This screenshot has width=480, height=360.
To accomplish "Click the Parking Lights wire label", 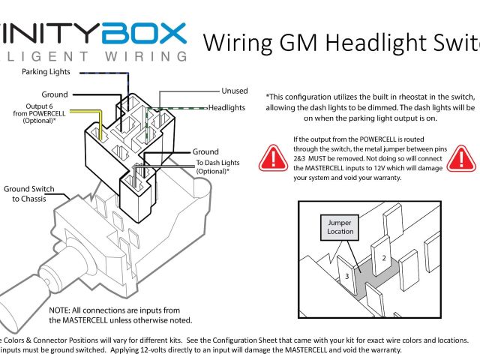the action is click(x=46, y=72).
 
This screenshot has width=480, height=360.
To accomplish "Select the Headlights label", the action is click(x=226, y=108).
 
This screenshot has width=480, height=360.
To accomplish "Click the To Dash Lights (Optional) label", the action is click(x=213, y=167).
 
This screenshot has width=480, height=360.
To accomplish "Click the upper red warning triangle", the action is click(x=271, y=157).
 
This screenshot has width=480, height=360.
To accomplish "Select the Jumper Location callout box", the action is click(x=340, y=226).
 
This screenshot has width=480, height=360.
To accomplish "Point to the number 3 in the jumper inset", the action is click(x=346, y=276).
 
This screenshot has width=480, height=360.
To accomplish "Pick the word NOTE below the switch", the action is click(x=61, y=310).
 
